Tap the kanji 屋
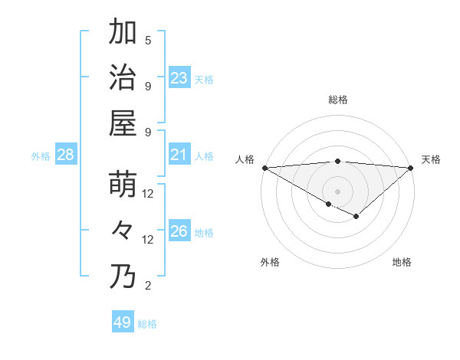pos(123,123)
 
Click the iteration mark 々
pos(123,231)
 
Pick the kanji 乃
pos(123,277)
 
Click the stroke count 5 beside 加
pos(148,41)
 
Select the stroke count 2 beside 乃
pos(148,286)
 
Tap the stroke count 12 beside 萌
pos(148,195)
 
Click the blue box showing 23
pos(179,78)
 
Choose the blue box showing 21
pos(179,155)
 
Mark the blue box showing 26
pos(179,231)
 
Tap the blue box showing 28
pos(65,155)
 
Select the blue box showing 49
pos(122,322)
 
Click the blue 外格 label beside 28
pos(41,156)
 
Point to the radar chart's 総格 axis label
pos(337,100)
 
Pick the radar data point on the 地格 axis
pos(356,217)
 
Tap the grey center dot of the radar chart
pos(337,191)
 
